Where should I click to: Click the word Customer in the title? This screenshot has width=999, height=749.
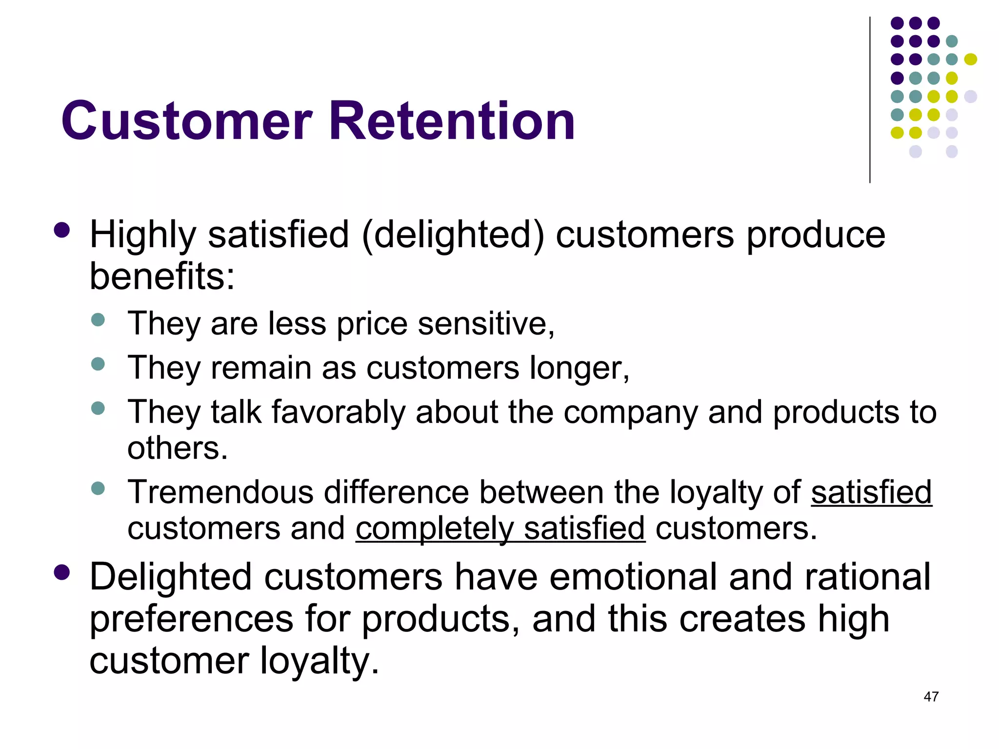pyautogui.click(x=186, y=121)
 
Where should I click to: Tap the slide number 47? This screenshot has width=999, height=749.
pyautogui.click(x=931, y=697)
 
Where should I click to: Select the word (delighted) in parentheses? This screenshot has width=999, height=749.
pyautogui.click(x=452, y=235)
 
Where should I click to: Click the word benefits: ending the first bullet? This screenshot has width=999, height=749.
pyautogui.click(x=162, y=276)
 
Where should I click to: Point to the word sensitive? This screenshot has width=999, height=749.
pyautogui.click(x=485, y=324)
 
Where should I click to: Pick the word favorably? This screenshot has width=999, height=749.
pyautogui.click(x=338, y=412)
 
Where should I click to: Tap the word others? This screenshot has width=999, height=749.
pyautogui.click(x=178, y=448)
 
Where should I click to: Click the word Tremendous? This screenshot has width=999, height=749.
pyautogui.click(x=220, y=492)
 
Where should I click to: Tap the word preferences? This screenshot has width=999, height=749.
pyautogui.click(x=192, y=619)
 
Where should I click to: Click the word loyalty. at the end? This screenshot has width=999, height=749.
pyautogui.click(x=319, y=661)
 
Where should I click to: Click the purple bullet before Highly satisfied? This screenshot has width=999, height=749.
pyautogui.click(x=62, y=230)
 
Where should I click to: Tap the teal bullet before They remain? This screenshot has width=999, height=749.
pyautogui.click(x=98, y=364)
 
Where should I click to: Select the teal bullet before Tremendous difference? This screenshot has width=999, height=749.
pyautogui.click(x=98, y=488)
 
